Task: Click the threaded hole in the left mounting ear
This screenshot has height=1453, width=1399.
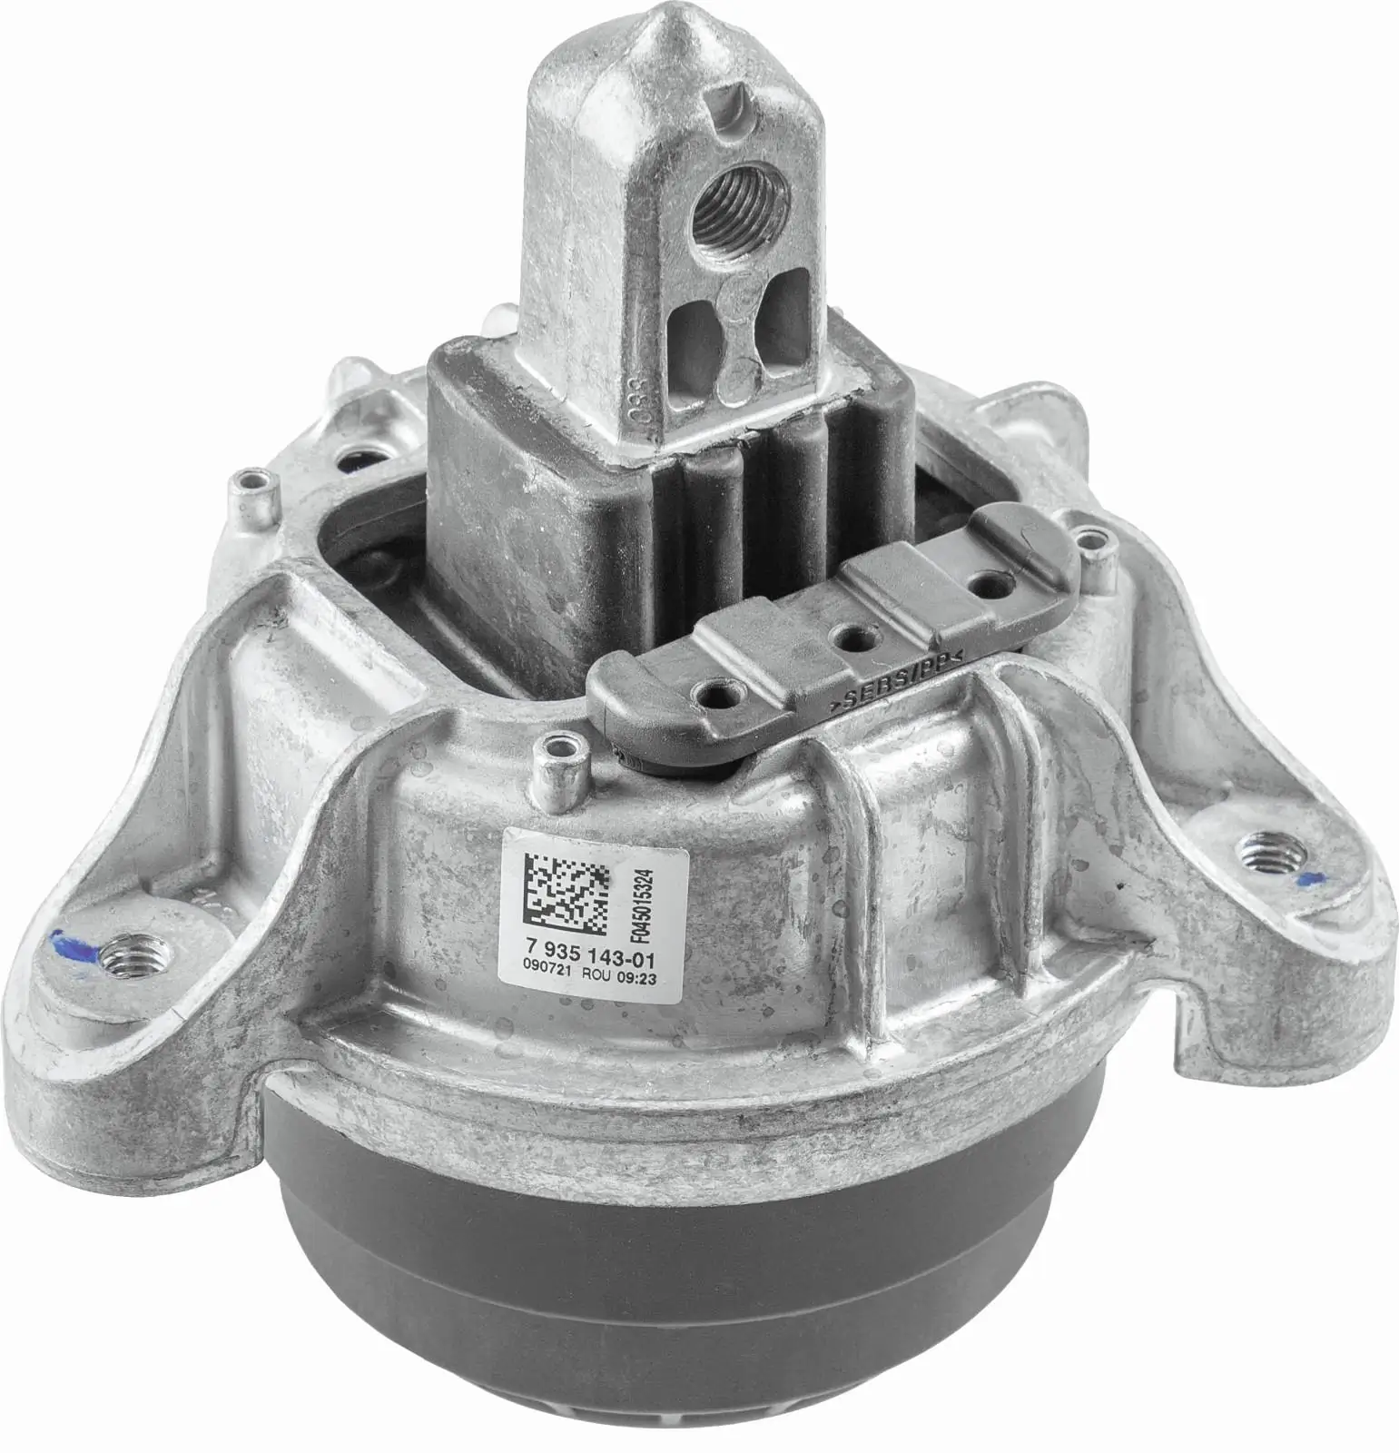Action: coord(121,955)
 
